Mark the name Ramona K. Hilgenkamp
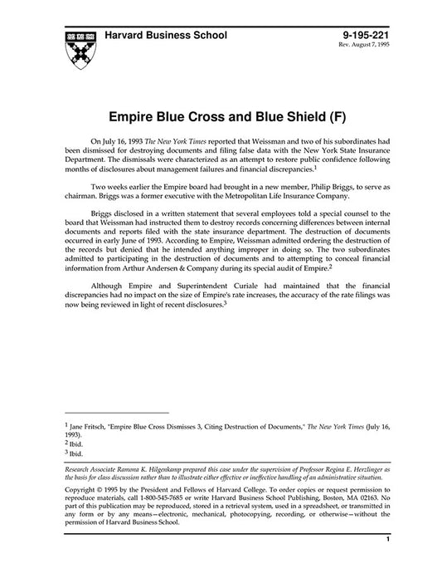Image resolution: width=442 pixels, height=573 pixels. tap(157, 470)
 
